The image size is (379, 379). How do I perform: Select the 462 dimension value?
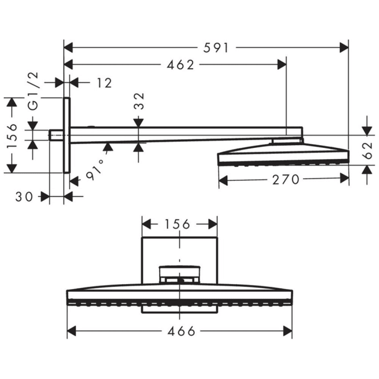tap(181, 65)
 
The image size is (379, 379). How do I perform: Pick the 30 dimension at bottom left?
tap(25, 197)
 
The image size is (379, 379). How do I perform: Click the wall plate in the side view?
tap(67, 135)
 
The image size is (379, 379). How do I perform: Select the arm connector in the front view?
tap(179, 273)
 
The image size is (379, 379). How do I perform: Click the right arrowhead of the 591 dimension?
tap(344, 48)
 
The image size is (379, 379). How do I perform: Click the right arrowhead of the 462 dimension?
tap(282, 65)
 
